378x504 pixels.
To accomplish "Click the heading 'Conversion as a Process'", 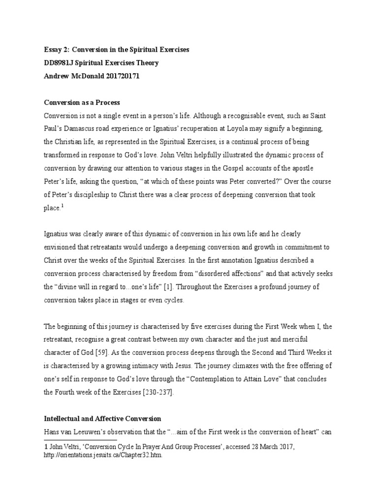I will tap(82, 102).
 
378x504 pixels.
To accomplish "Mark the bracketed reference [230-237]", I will tap(159, 392).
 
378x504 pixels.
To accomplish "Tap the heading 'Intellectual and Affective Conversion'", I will tap(102, 419).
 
